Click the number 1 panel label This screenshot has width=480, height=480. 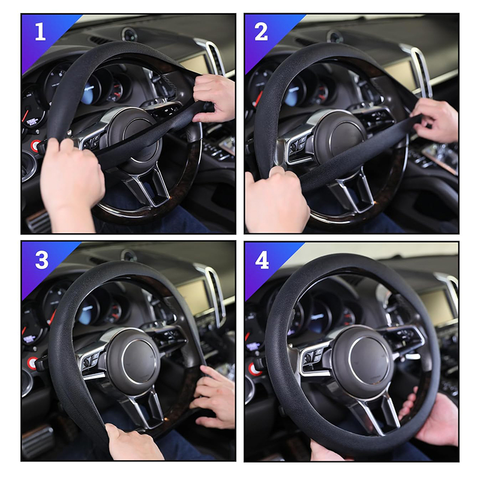pyautogui.click(x=40, y=32)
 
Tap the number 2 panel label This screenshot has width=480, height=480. pyautogui.click(x=261, y=32)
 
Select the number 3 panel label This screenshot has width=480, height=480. pyautogui.click(x=41, y=260)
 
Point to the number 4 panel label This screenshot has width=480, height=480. pyautogui.click(x=262, y=260)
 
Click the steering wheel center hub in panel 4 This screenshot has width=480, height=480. pyautogui.click(x=364, y=362)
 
